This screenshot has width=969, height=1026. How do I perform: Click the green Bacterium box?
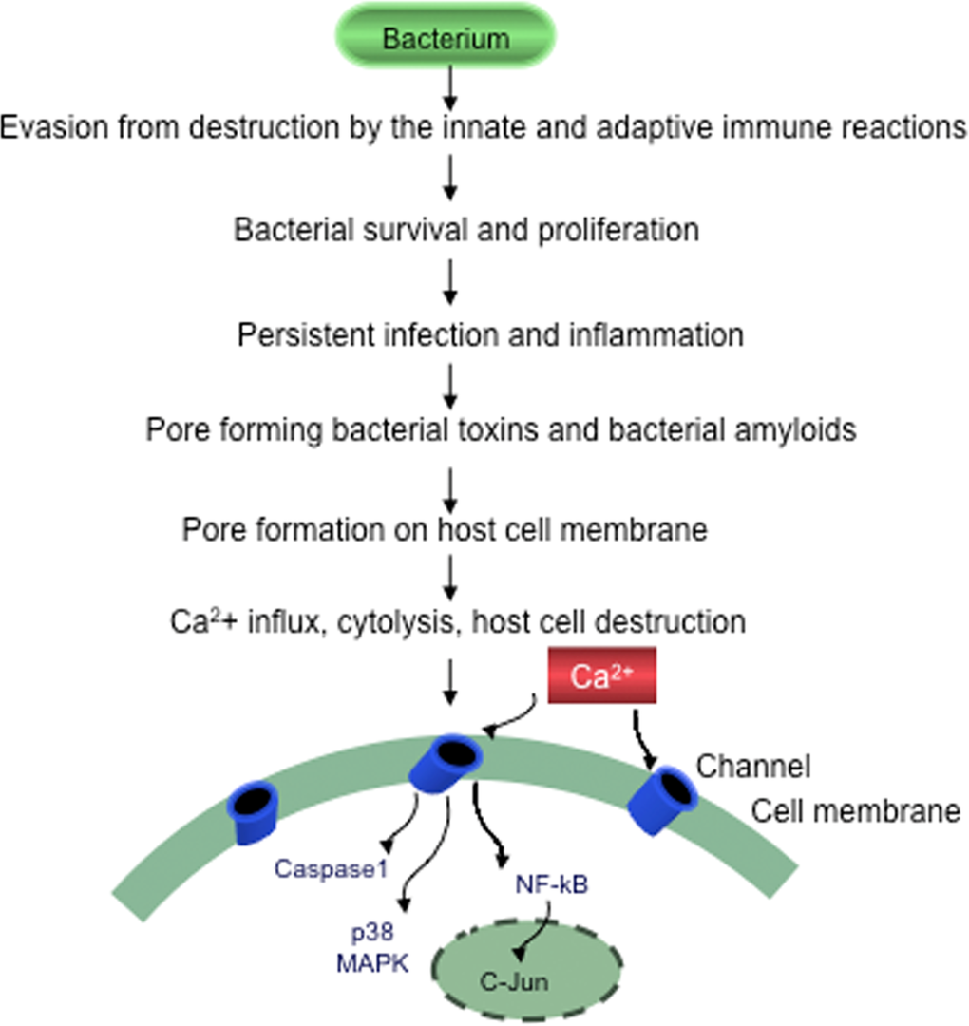point(446,38)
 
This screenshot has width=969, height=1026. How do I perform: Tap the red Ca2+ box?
point(600,675)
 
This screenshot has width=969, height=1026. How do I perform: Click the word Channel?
point(753,766)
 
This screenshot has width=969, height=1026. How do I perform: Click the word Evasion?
point(57,126)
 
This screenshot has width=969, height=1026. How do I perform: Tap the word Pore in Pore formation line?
point(212,528)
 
